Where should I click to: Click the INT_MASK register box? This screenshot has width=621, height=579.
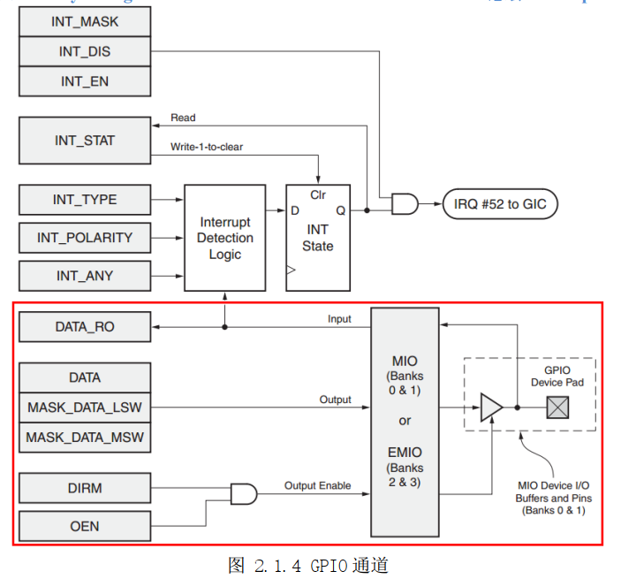85,21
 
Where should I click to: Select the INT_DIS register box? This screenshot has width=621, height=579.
85,51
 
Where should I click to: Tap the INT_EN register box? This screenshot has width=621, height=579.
85,81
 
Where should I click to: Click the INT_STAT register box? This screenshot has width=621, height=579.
85,141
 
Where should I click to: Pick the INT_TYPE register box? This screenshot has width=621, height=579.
85,200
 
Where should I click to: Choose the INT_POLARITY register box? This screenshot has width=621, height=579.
85,238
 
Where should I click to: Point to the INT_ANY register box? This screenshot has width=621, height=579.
85,276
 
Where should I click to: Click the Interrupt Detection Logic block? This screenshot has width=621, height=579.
224,238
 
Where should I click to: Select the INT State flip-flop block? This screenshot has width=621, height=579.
317,238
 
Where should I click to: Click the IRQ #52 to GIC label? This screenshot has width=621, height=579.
500,204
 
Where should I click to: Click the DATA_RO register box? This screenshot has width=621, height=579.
85,327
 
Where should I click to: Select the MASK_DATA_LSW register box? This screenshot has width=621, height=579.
85,408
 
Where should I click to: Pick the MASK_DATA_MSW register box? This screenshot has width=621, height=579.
85,438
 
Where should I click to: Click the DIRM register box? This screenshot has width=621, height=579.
85,487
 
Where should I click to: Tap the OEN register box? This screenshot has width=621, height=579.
85,526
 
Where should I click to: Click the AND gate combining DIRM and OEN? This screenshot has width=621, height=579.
243,493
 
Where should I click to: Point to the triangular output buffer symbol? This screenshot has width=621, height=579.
490,408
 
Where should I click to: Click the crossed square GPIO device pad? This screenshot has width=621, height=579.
558,408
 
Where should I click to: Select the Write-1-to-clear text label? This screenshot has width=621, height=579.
207,147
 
